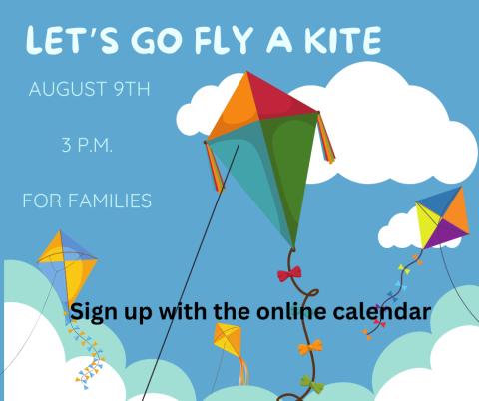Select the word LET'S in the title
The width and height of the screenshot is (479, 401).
(x=69, y=41)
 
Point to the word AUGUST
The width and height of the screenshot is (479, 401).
(x=66, y=89)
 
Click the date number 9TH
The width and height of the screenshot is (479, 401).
(x=129, y=89)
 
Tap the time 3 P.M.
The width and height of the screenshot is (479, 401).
(x=88, y=146)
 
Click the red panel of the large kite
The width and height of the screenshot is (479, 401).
(x=278, y=95)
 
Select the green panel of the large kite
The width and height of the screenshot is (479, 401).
(x=290, y=170)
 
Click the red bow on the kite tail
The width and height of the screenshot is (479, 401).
(x=289, y=273)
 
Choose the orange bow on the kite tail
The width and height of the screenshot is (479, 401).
(x=311, y=347)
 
